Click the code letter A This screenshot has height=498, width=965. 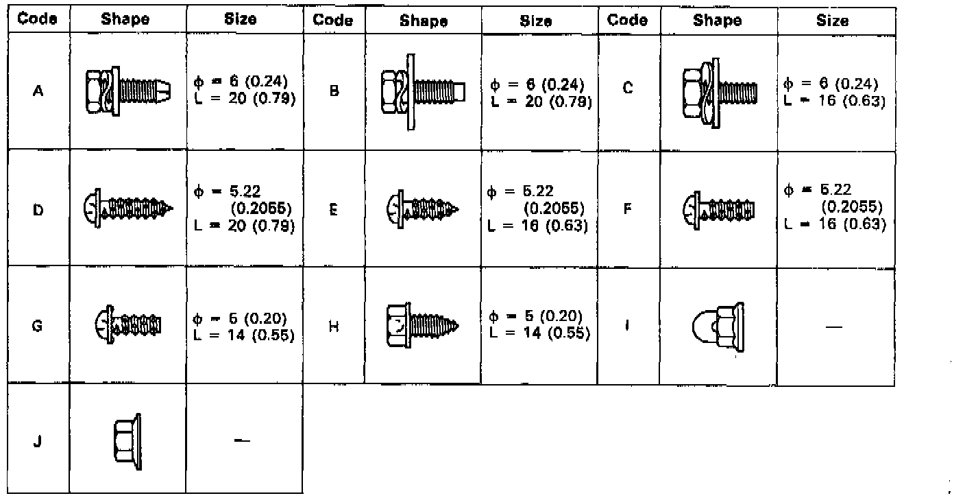(x=38, y=91)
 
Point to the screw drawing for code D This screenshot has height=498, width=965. (x=130, y=206)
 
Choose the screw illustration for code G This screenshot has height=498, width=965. (x=127, y=324)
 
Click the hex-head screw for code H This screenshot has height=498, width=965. (x=422, y=324)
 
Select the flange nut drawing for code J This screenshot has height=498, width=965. (x=127, y=441)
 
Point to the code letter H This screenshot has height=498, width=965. (x=334, y=327)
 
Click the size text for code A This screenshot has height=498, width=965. (x=245, y=91)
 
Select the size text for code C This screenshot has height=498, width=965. (x=835, y=93)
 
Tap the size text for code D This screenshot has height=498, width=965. (x=244, y=208)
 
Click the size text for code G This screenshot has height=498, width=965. (x=244, y=327)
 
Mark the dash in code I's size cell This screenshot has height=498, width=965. (x=834, y=327)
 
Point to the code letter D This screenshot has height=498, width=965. (x=38, y=210)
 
